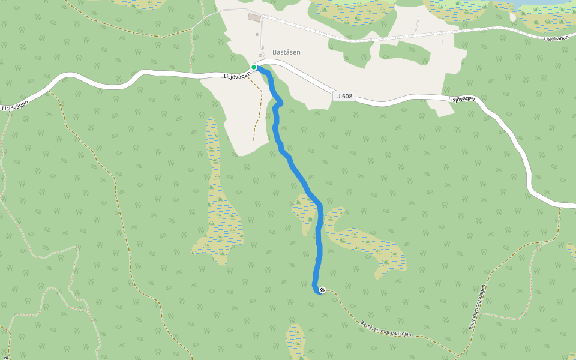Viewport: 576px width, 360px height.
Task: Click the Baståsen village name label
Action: coord(286,52)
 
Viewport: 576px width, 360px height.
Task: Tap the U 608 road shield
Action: coord(344,96)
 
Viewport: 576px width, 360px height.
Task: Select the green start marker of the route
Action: coord(254,67)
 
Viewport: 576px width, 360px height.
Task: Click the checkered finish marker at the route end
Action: coord(322,290)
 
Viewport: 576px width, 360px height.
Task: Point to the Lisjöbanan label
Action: coord(555,39)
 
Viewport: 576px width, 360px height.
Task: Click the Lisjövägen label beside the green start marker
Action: coord(236,75)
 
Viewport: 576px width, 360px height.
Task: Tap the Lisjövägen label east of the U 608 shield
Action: coord(462,99)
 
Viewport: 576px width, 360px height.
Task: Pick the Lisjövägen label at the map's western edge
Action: coord(14,105)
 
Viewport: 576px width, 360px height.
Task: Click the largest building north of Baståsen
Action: coord(254,18)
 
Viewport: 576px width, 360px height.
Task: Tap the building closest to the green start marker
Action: coord(260,55)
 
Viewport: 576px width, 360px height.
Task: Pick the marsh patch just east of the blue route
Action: coord(366,243)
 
